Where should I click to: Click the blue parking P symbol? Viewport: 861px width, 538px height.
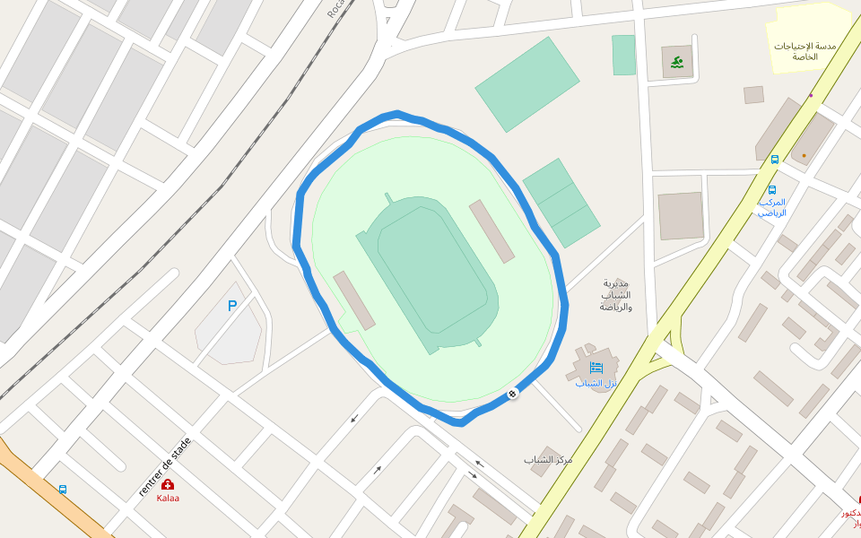point(232,306)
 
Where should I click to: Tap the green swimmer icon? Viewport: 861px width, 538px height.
point(677,62)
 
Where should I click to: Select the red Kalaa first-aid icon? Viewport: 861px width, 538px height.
point(168,484)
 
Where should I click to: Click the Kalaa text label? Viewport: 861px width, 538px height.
point(168,498)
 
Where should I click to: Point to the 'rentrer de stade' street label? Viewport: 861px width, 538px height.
point(165,466)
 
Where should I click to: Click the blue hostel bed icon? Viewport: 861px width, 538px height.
point(596,368)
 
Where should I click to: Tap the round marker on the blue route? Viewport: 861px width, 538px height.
point(513,394)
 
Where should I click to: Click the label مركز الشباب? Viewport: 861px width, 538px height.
point(548,460)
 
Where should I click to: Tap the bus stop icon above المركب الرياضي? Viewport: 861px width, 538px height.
point(771,190)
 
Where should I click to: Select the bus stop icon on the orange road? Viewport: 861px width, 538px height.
point(63,490)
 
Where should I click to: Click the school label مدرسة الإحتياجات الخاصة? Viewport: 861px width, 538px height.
point(804,51)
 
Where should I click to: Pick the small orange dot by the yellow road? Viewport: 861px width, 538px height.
point(804,155)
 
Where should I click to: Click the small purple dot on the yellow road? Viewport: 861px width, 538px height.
point(811,95)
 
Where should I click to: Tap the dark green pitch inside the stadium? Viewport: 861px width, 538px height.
point(438,269)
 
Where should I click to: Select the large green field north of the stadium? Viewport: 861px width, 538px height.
point(527,83)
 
